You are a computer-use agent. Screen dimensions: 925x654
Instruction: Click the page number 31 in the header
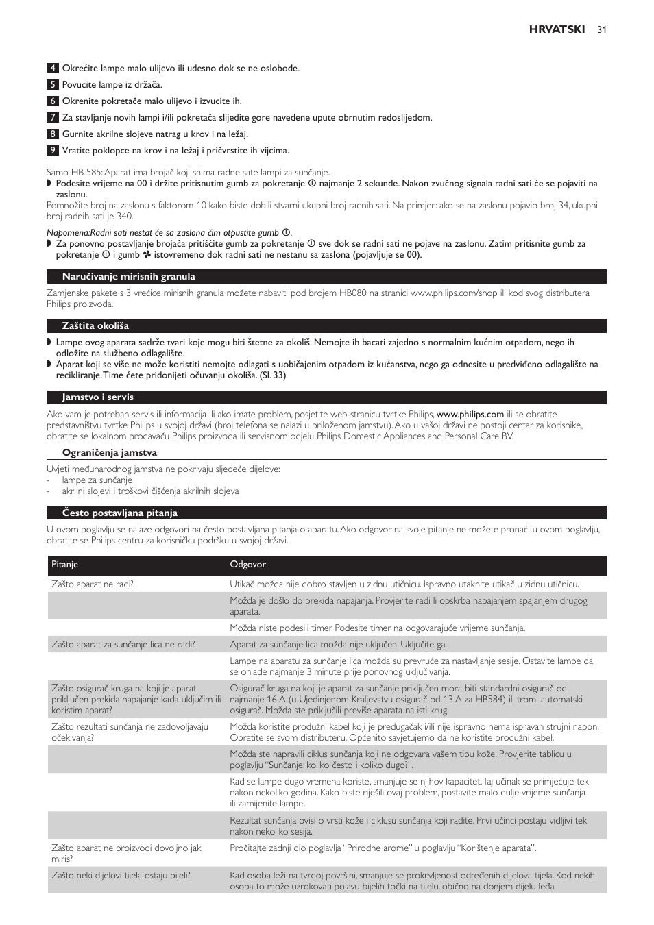[602, 29]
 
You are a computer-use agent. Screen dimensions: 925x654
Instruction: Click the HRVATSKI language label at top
[557, 29]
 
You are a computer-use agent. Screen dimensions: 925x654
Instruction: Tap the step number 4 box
[52, 69]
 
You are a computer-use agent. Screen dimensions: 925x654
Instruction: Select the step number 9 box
[52, 151]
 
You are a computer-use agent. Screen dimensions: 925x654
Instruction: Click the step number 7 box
[52, 118]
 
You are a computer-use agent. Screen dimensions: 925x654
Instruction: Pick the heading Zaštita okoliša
[95, 326]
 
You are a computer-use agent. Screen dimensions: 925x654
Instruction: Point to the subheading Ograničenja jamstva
[109, 453]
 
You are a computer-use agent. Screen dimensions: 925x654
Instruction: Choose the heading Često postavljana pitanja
[119, 513]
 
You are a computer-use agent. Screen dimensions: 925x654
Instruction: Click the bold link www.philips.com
[470, 415]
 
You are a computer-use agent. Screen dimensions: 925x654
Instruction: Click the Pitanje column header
[65, 565]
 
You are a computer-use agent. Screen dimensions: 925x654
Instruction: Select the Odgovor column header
[247, 565]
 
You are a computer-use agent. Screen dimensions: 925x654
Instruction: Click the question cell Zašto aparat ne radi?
[93, 584]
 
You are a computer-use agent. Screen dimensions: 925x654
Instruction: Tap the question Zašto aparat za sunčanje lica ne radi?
[123, 645]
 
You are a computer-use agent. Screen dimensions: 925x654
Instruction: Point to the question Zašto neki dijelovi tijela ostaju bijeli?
[121, 876]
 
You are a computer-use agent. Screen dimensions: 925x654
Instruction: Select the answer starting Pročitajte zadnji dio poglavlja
[383, 848]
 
